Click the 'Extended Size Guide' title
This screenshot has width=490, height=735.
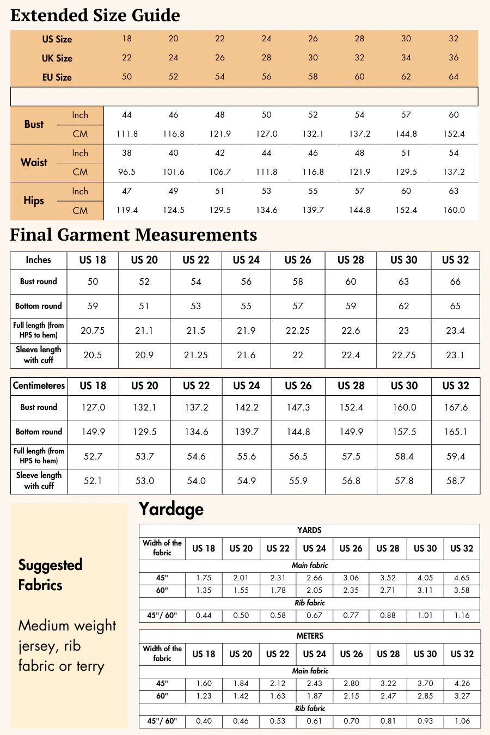(x=95, y=15)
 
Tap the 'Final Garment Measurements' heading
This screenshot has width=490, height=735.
(x=133, y=235)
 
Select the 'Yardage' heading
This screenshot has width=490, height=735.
(x=171, y=509)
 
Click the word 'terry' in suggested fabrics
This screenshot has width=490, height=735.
(x=90, y=666)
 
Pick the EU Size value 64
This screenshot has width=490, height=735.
(x=454, y=77)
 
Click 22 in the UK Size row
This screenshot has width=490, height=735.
(x=127, y=58)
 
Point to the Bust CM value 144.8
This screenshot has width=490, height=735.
(x=406, y=134)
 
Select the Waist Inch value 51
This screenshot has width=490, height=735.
(x=406, y=153)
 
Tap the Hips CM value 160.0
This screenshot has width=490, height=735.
(x=454, y=210)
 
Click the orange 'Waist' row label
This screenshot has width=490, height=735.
(x=34, y=162)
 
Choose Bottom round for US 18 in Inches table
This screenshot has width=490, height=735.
(x=93, y=306)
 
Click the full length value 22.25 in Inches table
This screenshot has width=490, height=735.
(x=298, y=330)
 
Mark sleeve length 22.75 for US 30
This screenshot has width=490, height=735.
(x=404, y=355)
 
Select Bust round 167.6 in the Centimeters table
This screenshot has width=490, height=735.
(x=456, y=407)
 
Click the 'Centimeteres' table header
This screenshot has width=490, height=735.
(x=39, y=385)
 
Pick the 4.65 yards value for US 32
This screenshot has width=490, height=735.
(x=462, y=578)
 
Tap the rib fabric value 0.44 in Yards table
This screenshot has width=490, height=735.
(x=204, y=615)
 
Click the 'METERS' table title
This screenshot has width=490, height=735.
(x=310, y=636)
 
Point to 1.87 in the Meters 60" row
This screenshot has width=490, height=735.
(x=315, y=696)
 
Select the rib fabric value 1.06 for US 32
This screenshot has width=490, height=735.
(x=462, y=721)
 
